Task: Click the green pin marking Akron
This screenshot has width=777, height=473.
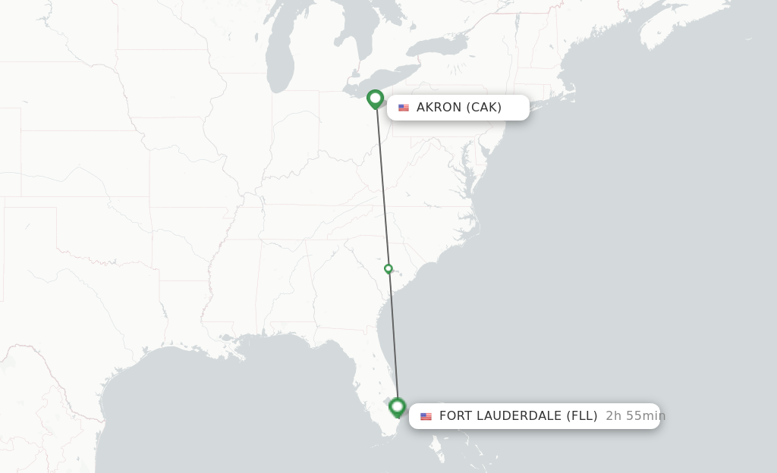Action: [x=375, y=99]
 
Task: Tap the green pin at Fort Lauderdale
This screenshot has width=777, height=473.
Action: [x=397, y=407]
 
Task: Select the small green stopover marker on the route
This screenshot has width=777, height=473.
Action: [x=388, y=268]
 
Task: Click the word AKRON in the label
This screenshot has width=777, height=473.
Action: [x=439, y=108]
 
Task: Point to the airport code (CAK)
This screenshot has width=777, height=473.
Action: [x=483, y=108]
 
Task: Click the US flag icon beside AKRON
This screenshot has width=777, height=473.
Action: [x=404, y=108]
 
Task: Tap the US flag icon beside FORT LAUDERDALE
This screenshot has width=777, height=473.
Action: [x=426, y=416]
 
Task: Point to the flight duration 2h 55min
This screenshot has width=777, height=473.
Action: [x=635, y=415]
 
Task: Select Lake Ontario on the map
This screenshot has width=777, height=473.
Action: [x=440, y=47]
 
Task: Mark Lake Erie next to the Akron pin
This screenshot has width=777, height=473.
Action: [x=395, y=80]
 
